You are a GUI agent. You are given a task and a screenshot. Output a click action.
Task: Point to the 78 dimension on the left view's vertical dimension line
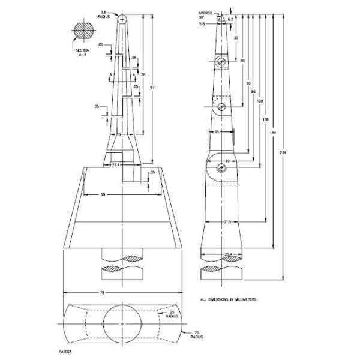143,74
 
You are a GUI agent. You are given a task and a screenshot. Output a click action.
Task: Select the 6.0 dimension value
230,20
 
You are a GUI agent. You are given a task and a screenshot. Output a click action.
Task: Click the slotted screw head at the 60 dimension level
221,107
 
